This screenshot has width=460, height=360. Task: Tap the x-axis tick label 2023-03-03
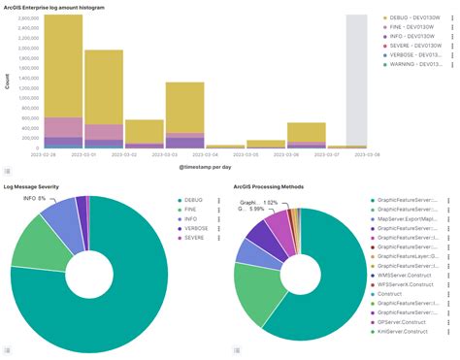click(x=178, y=153)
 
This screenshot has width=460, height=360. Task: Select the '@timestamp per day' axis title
click(x=205, y=168)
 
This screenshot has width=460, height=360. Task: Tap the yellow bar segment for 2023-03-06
click(x=306, y=131)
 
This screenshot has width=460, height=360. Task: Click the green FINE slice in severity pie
click(x=35, y=240)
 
